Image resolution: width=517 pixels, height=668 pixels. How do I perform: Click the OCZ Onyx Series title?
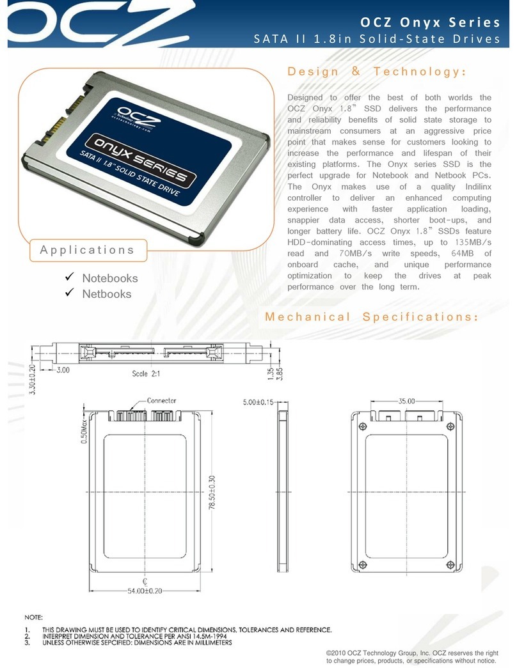(x=429, y=23)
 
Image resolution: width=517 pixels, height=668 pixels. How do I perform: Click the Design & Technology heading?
(x=376, y=72)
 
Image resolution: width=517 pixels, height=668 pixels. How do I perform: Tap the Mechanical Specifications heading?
(x=371, y=317)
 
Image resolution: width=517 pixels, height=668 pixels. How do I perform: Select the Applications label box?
(x=87, y=250)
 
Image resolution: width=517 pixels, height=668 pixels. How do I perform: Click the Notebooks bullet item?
(x=109, y=278)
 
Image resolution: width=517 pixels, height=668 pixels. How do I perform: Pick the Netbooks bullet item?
(x=106, y=294)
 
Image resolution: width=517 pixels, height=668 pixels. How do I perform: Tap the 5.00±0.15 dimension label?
(x=267, y=402)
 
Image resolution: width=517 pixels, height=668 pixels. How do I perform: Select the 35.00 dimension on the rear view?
(x=406, y=401)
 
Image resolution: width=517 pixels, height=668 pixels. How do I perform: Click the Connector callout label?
(x=161, y=401)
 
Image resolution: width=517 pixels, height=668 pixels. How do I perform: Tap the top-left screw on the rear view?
(x=363, y=426)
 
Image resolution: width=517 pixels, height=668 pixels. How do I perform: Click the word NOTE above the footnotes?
(x=34, y=618)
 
